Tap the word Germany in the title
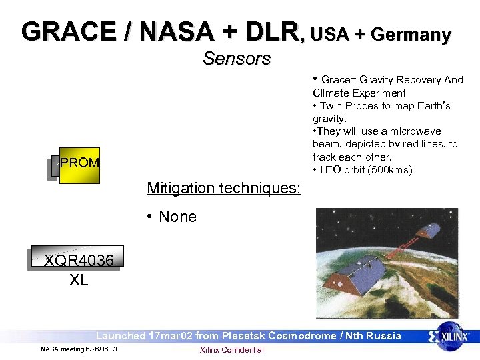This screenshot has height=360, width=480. [x=411, y=35]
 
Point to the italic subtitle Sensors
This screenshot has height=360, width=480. [x=237, y=59]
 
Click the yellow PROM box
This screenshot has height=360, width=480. [x=79, y=164]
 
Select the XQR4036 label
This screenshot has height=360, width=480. [x=78, y=261]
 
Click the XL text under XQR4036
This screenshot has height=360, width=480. [x=78, y=280]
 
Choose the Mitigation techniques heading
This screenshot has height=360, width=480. [x=224, y=189]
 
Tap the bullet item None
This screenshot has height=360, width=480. [x=177, y=217]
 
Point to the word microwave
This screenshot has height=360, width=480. [x=415, y=131]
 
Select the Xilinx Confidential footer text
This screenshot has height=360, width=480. [x=231, y=350]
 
